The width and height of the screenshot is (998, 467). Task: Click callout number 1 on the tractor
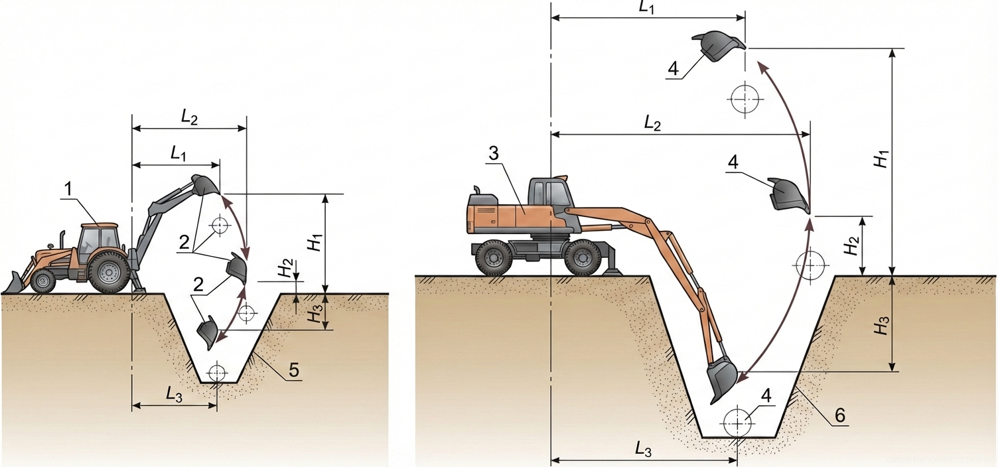tap(68, 190)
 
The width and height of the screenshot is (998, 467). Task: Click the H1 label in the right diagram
tap(881, 160)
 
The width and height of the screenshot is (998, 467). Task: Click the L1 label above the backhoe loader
tap(177, 154)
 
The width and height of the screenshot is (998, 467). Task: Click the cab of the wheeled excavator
tap(549, 193)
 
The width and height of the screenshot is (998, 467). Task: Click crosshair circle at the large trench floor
tap(737, 422)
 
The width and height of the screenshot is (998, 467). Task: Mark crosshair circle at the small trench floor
tap(216, 373)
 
